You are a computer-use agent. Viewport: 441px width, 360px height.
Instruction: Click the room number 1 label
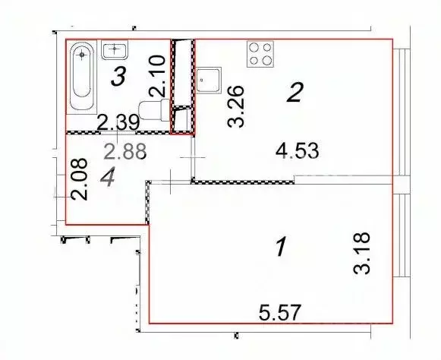click(x=281, y=247)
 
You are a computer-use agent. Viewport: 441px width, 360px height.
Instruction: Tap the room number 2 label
click(x=295, y=92)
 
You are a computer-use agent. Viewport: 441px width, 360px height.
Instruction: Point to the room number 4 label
click(x=108, y=177)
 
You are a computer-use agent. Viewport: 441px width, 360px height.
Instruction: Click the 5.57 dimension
click(x=280, y=312)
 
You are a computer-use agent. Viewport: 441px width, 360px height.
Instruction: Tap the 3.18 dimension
click(x=362, y=253)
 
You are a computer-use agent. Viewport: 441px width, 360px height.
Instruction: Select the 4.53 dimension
click(x=298, y=151)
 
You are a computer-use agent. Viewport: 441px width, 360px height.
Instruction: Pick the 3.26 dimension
click(x=235, y=106)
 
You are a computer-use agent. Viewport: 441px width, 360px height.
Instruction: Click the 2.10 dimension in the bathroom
click(x=157, y=76)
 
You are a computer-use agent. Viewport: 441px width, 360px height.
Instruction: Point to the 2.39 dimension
click(x=118, y=122)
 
